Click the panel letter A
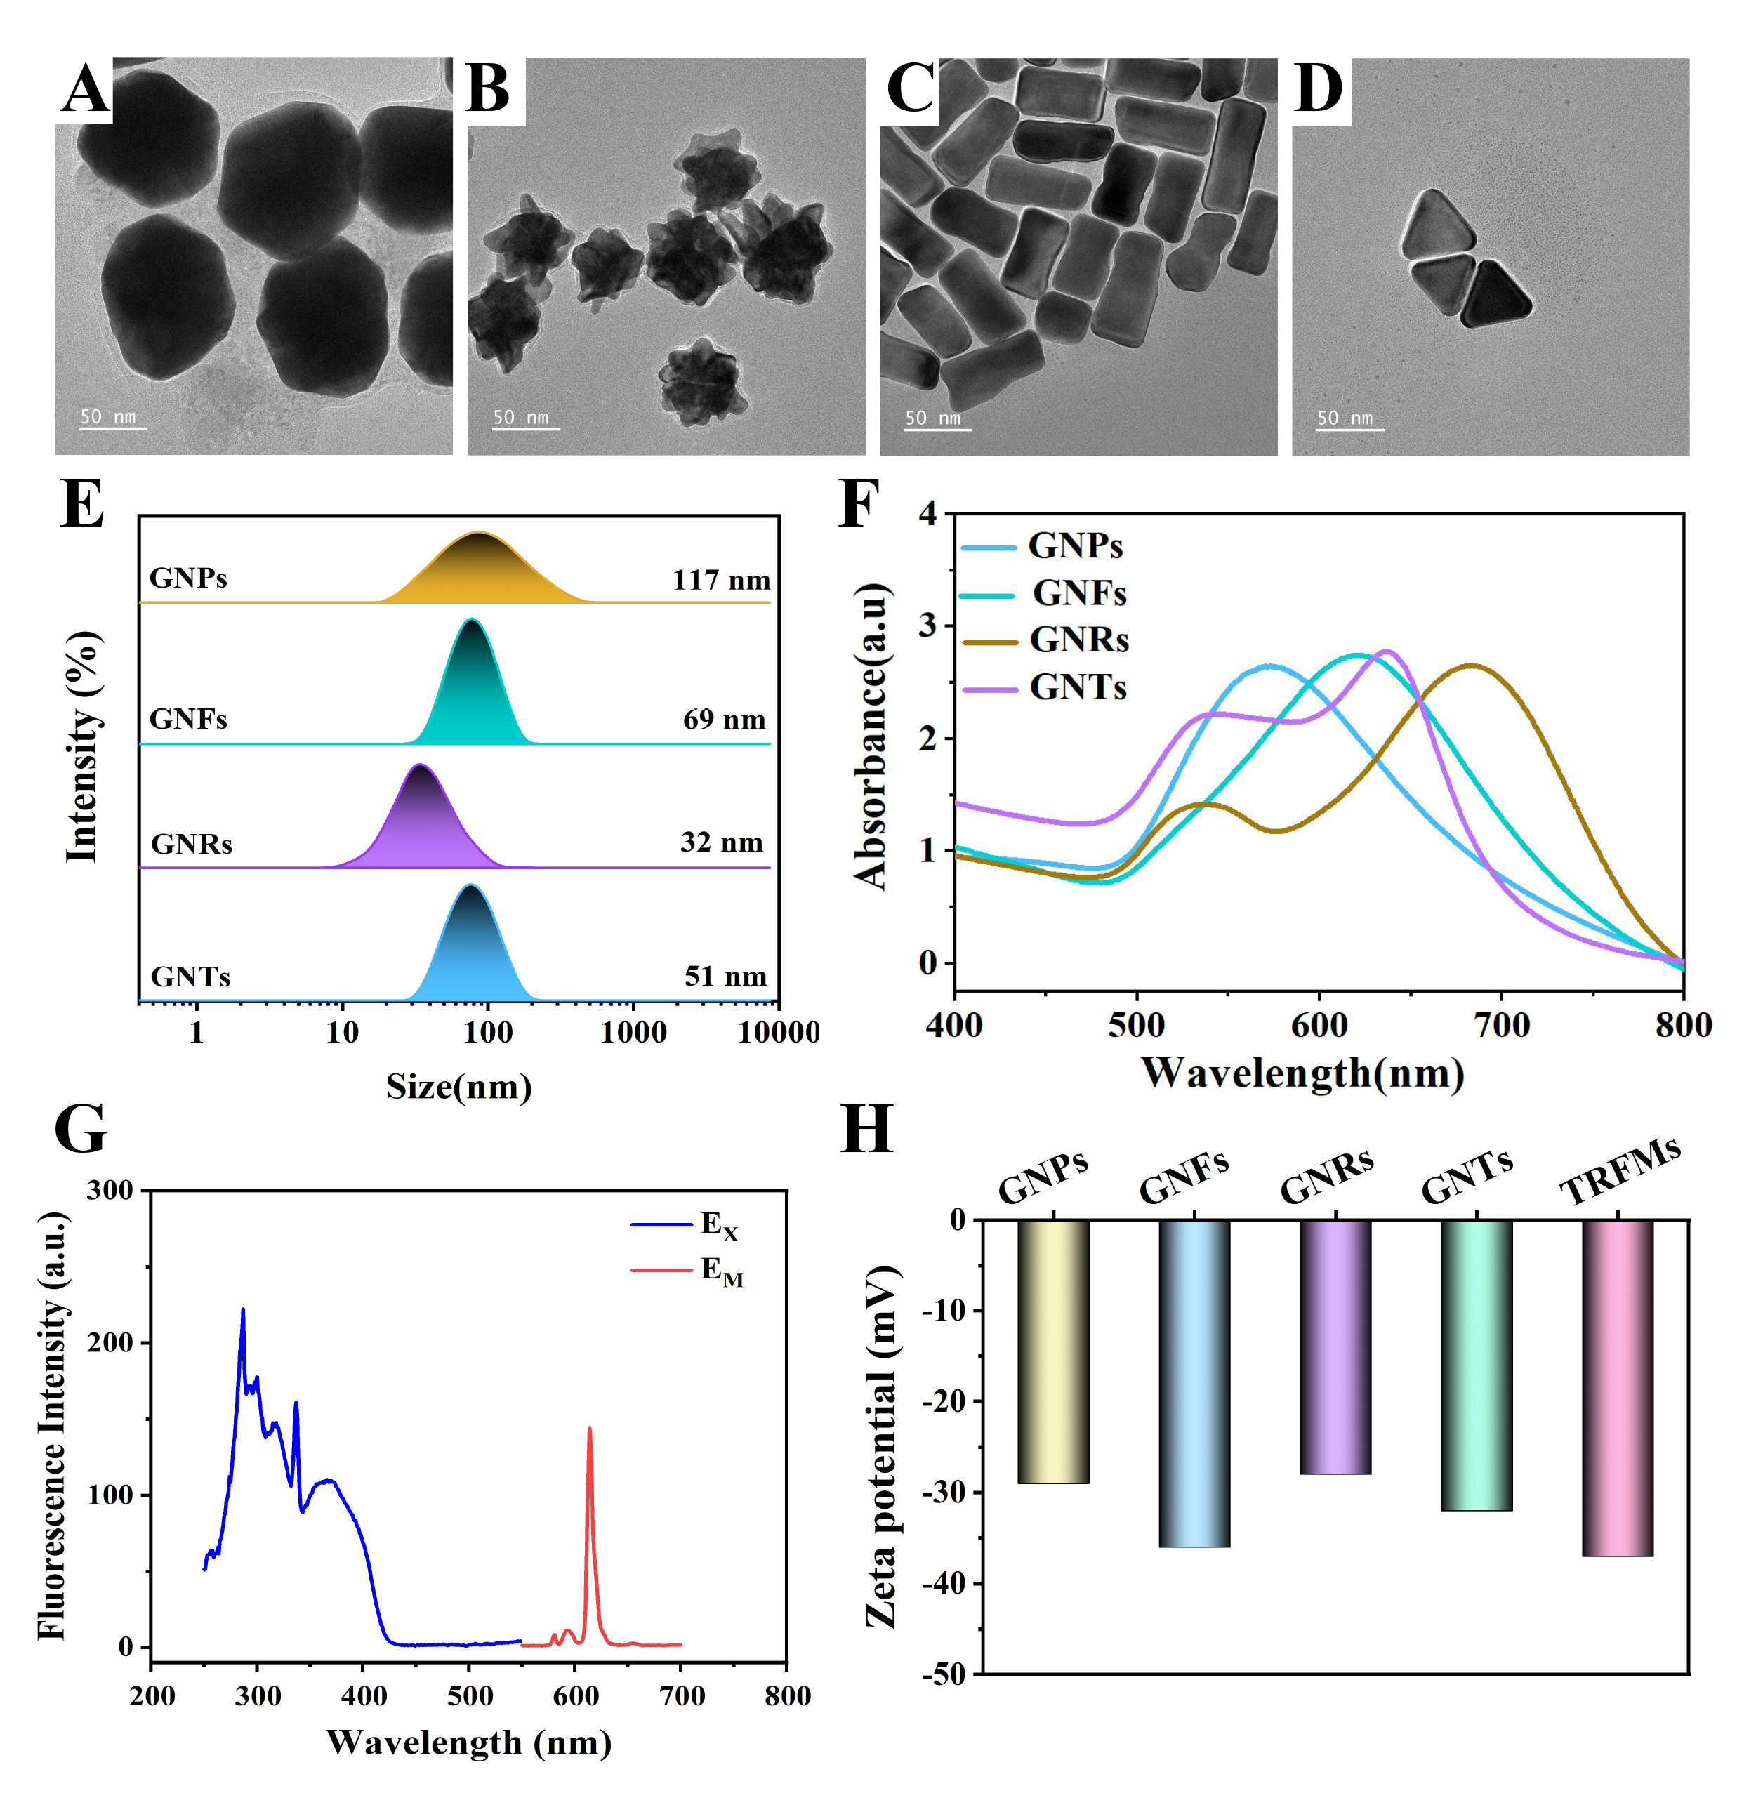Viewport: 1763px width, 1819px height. [86, 90]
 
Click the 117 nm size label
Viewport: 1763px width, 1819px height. [721, 580]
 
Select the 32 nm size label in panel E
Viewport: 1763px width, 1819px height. [721, 842]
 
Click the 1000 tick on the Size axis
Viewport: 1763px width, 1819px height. [633, 1032]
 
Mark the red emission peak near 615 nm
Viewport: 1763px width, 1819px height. [588, 1430]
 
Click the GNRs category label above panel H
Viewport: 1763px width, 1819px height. [1327, 1177]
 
